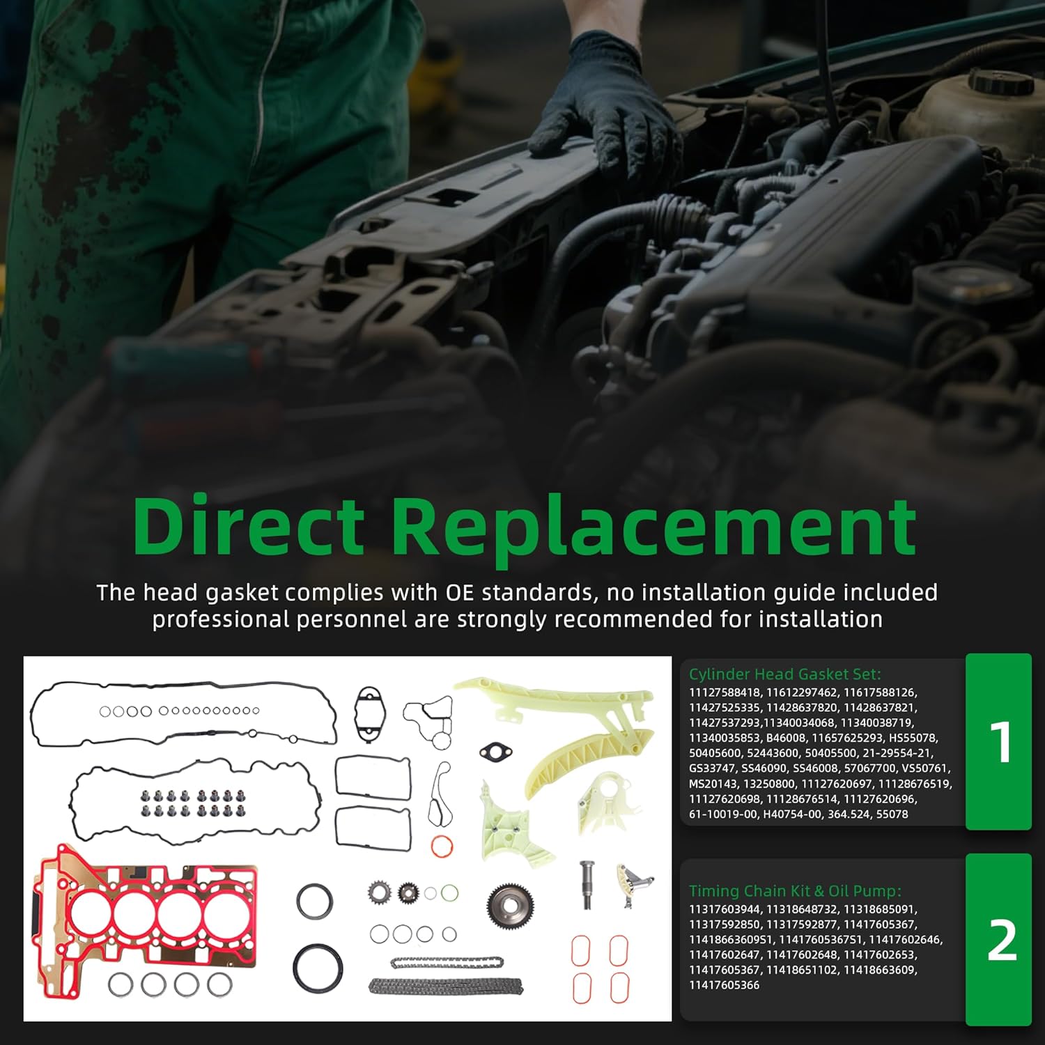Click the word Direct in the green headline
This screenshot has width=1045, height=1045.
(x=249, y=527)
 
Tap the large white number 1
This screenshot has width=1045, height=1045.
(x=1000, y=743)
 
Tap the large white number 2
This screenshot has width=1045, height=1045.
(x=1001, y=941)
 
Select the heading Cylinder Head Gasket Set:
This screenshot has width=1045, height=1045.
(x=784, y=674)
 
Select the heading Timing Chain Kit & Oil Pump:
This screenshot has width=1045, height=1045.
(x=794, y=890)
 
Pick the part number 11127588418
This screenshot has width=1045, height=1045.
(x=723, y=692)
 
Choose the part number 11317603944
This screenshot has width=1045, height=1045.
(x=723, y=909)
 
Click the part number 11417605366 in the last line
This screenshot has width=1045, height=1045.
(x=723, y=985)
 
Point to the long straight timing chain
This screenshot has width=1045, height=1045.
(x=446, y=986)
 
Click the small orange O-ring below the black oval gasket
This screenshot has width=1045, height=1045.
(x=442, y=846)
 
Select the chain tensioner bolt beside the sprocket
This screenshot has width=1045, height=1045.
(x=587, y=885)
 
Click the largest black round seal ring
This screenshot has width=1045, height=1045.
(x=318, y=968)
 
